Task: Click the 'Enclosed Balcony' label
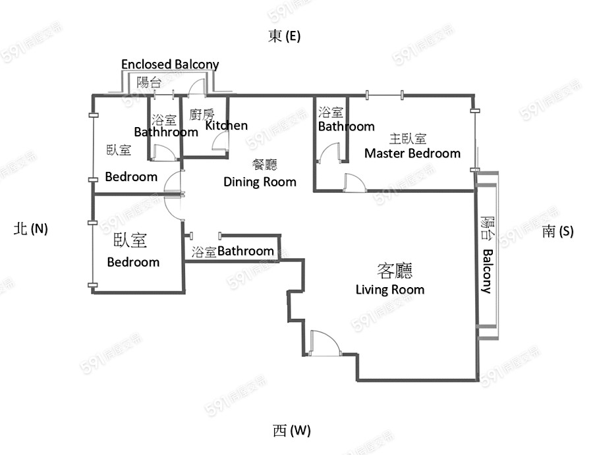[x=170, y=65]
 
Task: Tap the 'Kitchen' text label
[x=226, y=126]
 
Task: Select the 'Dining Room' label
[x=260, y=182]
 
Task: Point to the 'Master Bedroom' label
[x=412, y=153]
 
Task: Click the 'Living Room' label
[x=390, y=290]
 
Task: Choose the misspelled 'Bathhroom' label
[x=166, y=132]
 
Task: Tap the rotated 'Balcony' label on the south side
[x=488, y=271]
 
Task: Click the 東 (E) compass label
[x=285, y=36]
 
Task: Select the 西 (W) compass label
[x=292, y=430]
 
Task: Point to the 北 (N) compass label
[x=30, y=228]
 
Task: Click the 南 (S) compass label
[x=558, y=231]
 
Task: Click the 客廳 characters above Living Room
[x=395, y=270]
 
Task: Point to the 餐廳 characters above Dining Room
[x=265, y=165]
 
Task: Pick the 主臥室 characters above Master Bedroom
[x=408, y=139]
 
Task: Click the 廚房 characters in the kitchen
[x=202, y=114]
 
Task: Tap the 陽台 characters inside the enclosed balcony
[x=149, y=82]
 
